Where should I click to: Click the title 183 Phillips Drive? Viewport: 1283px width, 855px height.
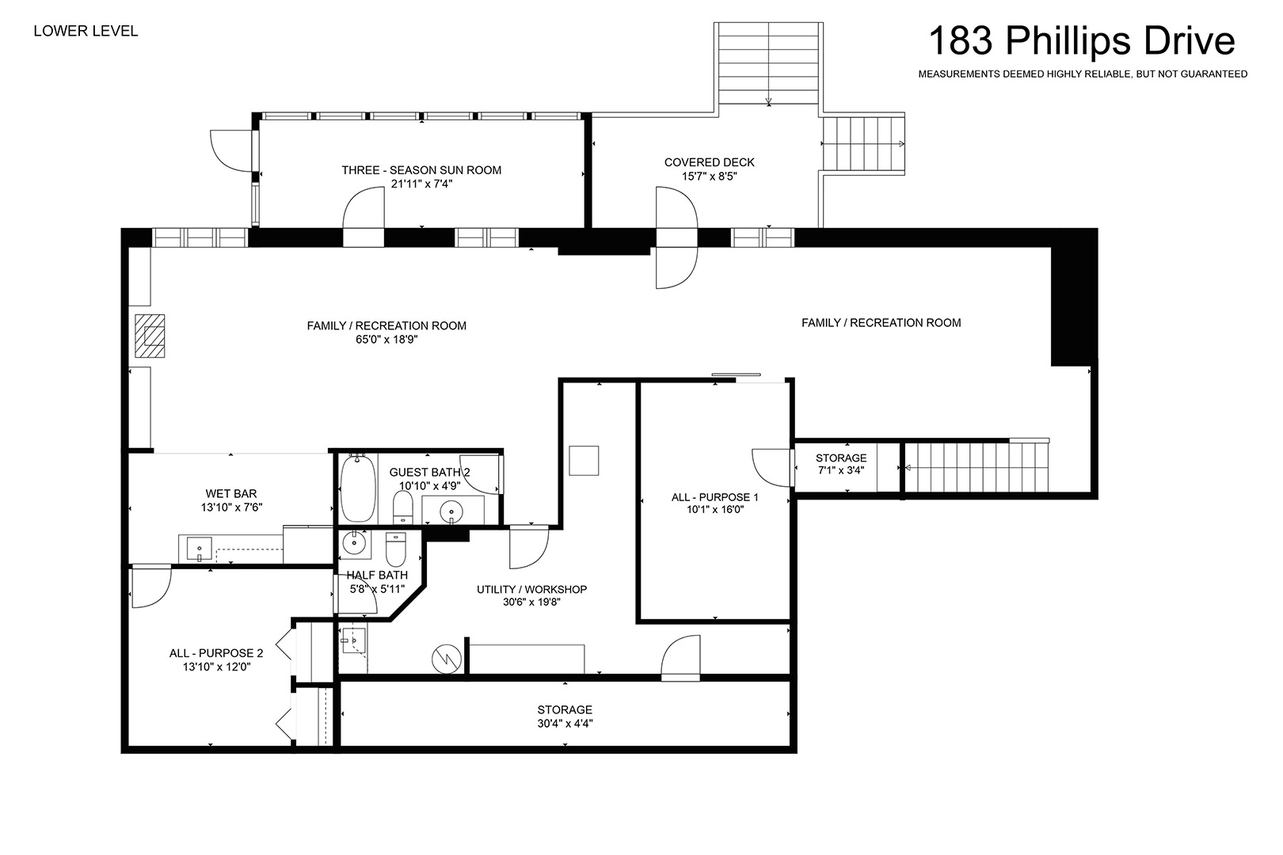coord(1081,41)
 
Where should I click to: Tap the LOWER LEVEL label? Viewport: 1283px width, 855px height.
coord(86,31)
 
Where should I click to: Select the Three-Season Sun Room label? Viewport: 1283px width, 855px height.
coord(421,170)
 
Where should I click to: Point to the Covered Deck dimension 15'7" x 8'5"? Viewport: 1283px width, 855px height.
coord(709,177)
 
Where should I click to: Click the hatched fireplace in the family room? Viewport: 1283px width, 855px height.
coord(150,336)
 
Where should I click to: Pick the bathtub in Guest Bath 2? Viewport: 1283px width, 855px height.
coord(358,488)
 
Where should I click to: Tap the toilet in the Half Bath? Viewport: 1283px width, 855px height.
coord(396,549)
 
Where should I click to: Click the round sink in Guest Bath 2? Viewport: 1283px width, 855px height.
coord(452,511)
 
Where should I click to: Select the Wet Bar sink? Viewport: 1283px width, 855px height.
coord(199,549)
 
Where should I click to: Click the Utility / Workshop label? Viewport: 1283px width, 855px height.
coord(531,589)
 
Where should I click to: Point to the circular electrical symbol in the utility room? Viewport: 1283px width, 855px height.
coord(447,659)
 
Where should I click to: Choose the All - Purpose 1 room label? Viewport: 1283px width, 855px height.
coord(715,497)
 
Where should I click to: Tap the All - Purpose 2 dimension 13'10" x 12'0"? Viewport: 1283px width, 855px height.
coord(217,667)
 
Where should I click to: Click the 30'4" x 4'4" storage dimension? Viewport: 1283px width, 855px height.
coord(565,724)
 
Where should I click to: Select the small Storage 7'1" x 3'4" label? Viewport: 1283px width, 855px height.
coord(841,464)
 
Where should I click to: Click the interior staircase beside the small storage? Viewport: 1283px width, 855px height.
coord(976,467)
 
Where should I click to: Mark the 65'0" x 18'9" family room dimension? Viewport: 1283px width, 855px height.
coord(386,340)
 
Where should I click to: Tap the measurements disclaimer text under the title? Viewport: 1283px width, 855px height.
coord(1083,74)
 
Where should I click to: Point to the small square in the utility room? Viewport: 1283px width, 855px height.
coord(584,461)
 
